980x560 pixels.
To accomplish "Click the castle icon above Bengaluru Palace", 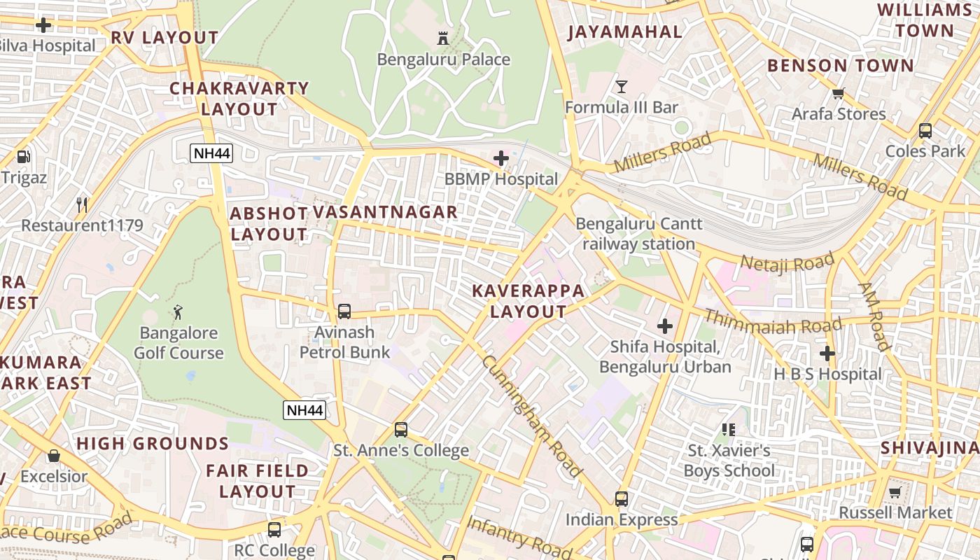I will pyautogui.click(x=442, y=38).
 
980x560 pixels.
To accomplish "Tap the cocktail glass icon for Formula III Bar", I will pyautogui.click(x=621, y=86).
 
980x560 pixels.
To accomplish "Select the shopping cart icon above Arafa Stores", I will pyautogui.click(x=838, y=93).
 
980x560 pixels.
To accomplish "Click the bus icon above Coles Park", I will pyautogui.click(x=925, y=130).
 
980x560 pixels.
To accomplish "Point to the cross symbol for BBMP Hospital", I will pyautogui.click(x=501, y=158).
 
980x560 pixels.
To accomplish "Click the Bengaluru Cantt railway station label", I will pyautogui.click(x=638, y=234).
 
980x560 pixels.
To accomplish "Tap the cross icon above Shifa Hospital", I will pyautogui.click(x=664, y=325).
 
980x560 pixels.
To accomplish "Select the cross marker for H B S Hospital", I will pyautogui.click(x=827, y=353).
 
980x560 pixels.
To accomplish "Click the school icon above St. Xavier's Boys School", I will pyautogui.click(x=728, y=429).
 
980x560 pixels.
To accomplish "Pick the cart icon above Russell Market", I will pyautogui.click(x=895, y=492).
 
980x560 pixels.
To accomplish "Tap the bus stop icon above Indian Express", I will pyautogui.click(x=621, y=499).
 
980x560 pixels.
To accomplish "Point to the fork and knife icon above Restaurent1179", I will pyautogui.click(x=82, y=204).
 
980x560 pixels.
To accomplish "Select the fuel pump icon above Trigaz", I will pyautogui.click(x=23, y=156).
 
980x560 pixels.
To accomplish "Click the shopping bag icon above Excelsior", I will pyautogui.click(x=53, y=456).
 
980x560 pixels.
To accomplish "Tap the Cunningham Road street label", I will pyautogui.click(x=532, y=416).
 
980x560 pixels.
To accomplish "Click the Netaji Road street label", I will pyautogui.click(x=787, y=263).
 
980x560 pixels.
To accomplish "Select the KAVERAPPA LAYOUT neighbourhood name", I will pyautogui.click(x=528, y=301).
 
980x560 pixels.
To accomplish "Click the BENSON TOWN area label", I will pyautogui.click(x=840, y=66).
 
